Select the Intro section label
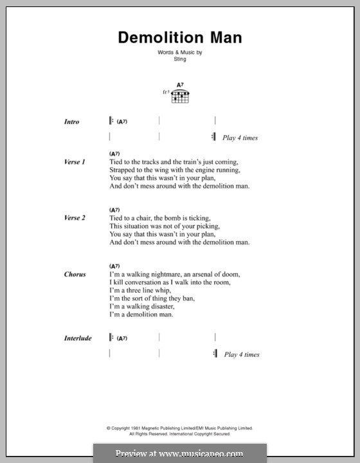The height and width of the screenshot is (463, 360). [71, 121]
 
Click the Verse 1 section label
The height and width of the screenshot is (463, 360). [74, 162]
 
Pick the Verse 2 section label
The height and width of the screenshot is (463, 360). [74, 218]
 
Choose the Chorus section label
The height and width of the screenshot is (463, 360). [75, 274]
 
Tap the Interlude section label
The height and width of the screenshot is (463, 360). [78, 338]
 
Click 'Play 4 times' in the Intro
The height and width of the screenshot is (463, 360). [241, 138]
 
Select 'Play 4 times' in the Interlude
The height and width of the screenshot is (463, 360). [241, 354]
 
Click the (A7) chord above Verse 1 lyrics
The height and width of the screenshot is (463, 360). [115, 154]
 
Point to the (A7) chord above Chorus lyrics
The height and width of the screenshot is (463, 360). [115, 266]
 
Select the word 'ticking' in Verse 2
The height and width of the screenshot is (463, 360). [197, 218]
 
